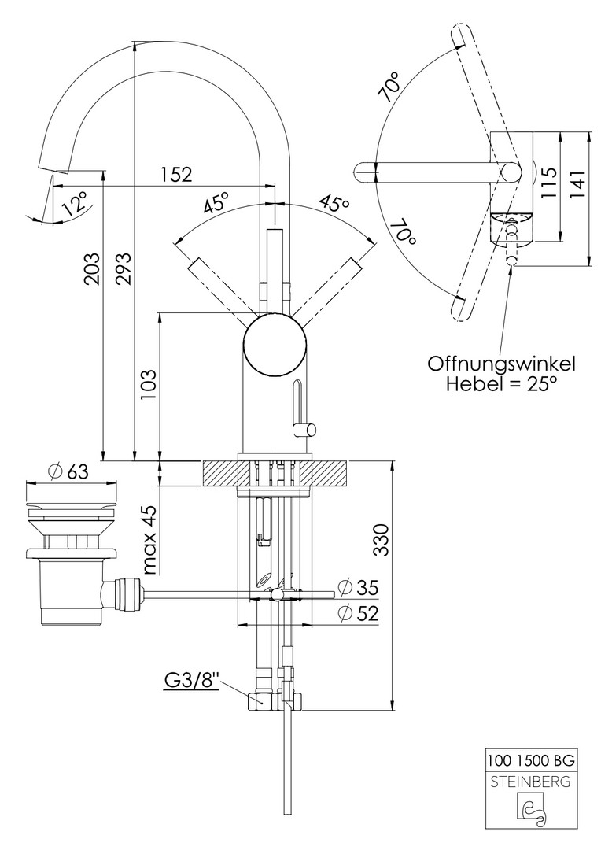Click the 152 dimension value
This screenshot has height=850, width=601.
pyautogui.click(x=176, y=174)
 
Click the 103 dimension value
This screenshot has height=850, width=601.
pyautogui.click(x=148, y=385)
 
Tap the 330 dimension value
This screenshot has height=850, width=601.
pyautogui.click(x=382, y=539)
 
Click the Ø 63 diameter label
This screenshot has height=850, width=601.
pyautogui.click(x=68, y=471)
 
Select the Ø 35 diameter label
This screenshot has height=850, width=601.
pyautogui.click(x=358, y=586)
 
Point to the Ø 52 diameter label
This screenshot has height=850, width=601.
pyautogui.click(x=358, y=613)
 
